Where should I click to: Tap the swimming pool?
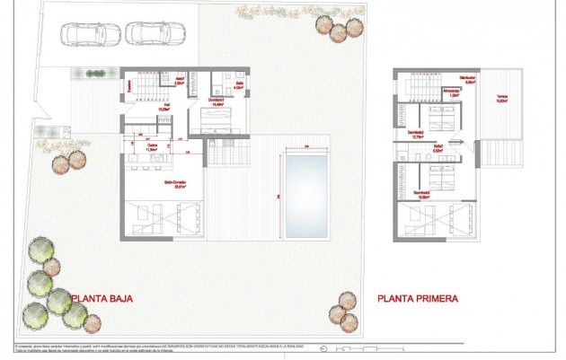307,195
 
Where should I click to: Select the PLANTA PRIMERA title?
418,298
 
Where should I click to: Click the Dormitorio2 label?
415,135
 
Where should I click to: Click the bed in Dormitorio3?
443,172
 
